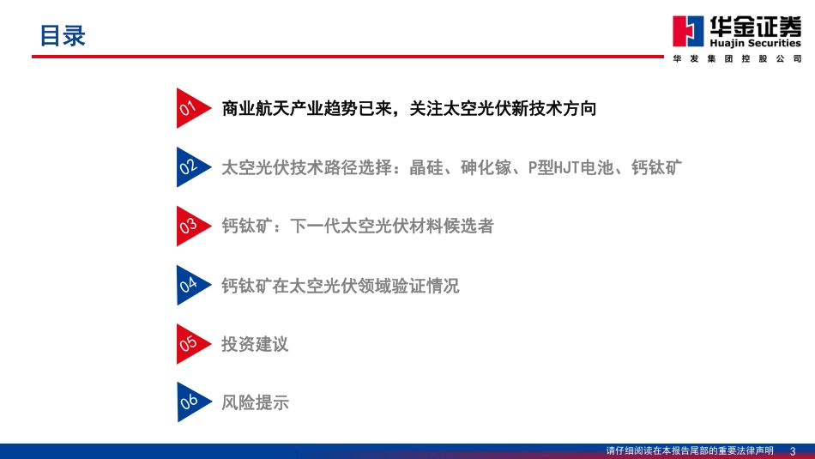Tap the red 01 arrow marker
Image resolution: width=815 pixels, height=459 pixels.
click(x=190, y=108)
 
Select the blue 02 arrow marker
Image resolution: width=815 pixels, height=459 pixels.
click(x=190, y=167)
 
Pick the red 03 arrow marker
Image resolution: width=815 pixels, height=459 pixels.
click(x=190, y=226)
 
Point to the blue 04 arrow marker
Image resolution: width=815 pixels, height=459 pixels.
click(x=190, y=286)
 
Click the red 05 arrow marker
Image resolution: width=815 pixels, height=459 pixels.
click(x=190, y=344)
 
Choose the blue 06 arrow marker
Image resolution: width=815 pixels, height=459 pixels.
click(x=190, y=402)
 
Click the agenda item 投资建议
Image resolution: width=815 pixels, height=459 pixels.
click(x=255, y=344)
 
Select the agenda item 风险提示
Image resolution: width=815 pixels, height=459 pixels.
click(x=255, y=402)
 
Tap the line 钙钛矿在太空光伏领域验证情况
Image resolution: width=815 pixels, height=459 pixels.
click(x=340, y=286)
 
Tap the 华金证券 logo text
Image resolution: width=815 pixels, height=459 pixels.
click(x=752, y=26)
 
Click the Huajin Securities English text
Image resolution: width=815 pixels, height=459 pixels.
click(x=752, y=43)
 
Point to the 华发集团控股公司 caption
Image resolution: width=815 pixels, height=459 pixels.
click(x=737, y=58)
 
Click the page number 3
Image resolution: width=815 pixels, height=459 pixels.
click(x=793, y=450)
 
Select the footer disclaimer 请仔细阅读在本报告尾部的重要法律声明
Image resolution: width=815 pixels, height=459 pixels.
click(x=690, y=450)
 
